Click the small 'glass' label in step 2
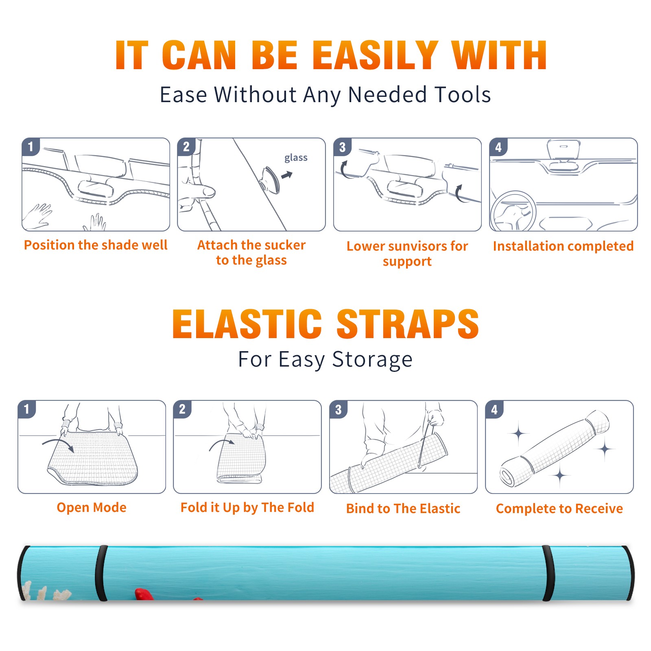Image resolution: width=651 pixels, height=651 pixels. click(x=296, y=158)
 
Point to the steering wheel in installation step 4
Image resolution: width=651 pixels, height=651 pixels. click(x=513, y=212)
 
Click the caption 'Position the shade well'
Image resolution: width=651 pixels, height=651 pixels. click(x=96, y=245)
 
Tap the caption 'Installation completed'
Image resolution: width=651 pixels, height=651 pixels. click(x=563, y=246)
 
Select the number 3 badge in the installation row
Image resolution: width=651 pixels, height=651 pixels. click(x=342, y=147)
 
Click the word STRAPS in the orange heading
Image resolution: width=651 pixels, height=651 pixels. click(x=408, y=324)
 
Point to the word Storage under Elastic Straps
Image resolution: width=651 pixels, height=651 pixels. click(x=372, y=360)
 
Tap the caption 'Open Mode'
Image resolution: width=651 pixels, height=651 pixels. click(x=92, y=507)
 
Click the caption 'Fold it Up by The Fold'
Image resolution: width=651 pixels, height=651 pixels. click(x=247, y=507)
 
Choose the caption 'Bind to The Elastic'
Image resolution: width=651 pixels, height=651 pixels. click(x=403, y=509)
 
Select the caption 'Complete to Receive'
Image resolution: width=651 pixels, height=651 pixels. click(x=559, y=509)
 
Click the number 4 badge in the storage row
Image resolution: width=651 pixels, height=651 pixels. click(x=494, y=409)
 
